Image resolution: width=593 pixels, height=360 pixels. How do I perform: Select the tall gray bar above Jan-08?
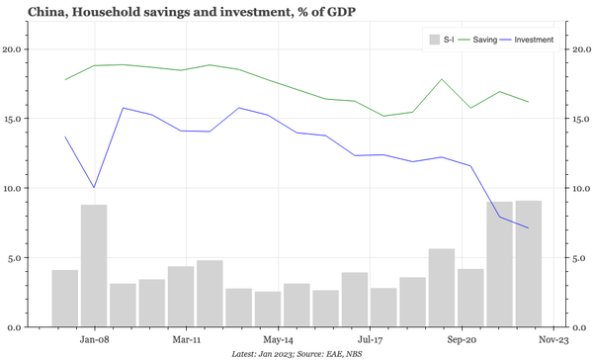(x=94, y=265)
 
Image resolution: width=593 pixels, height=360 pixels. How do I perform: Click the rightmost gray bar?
(x=528, y=263)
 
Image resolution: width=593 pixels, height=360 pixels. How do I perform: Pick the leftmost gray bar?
(x=65, y=298)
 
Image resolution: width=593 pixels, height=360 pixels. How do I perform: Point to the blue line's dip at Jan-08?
(x=94, y=187)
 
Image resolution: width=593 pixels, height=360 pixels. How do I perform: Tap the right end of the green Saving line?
(x=528, y=102)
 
